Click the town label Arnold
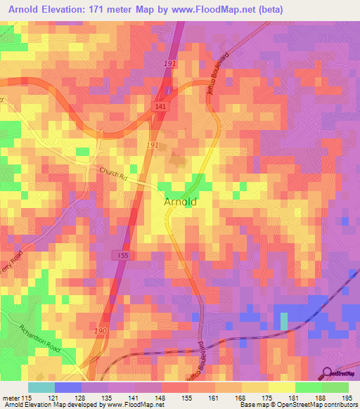[x=180, y=202]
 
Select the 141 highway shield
[x=160, y=105]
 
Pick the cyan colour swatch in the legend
[x=41, y=387]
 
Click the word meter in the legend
[x=11, y=398]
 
